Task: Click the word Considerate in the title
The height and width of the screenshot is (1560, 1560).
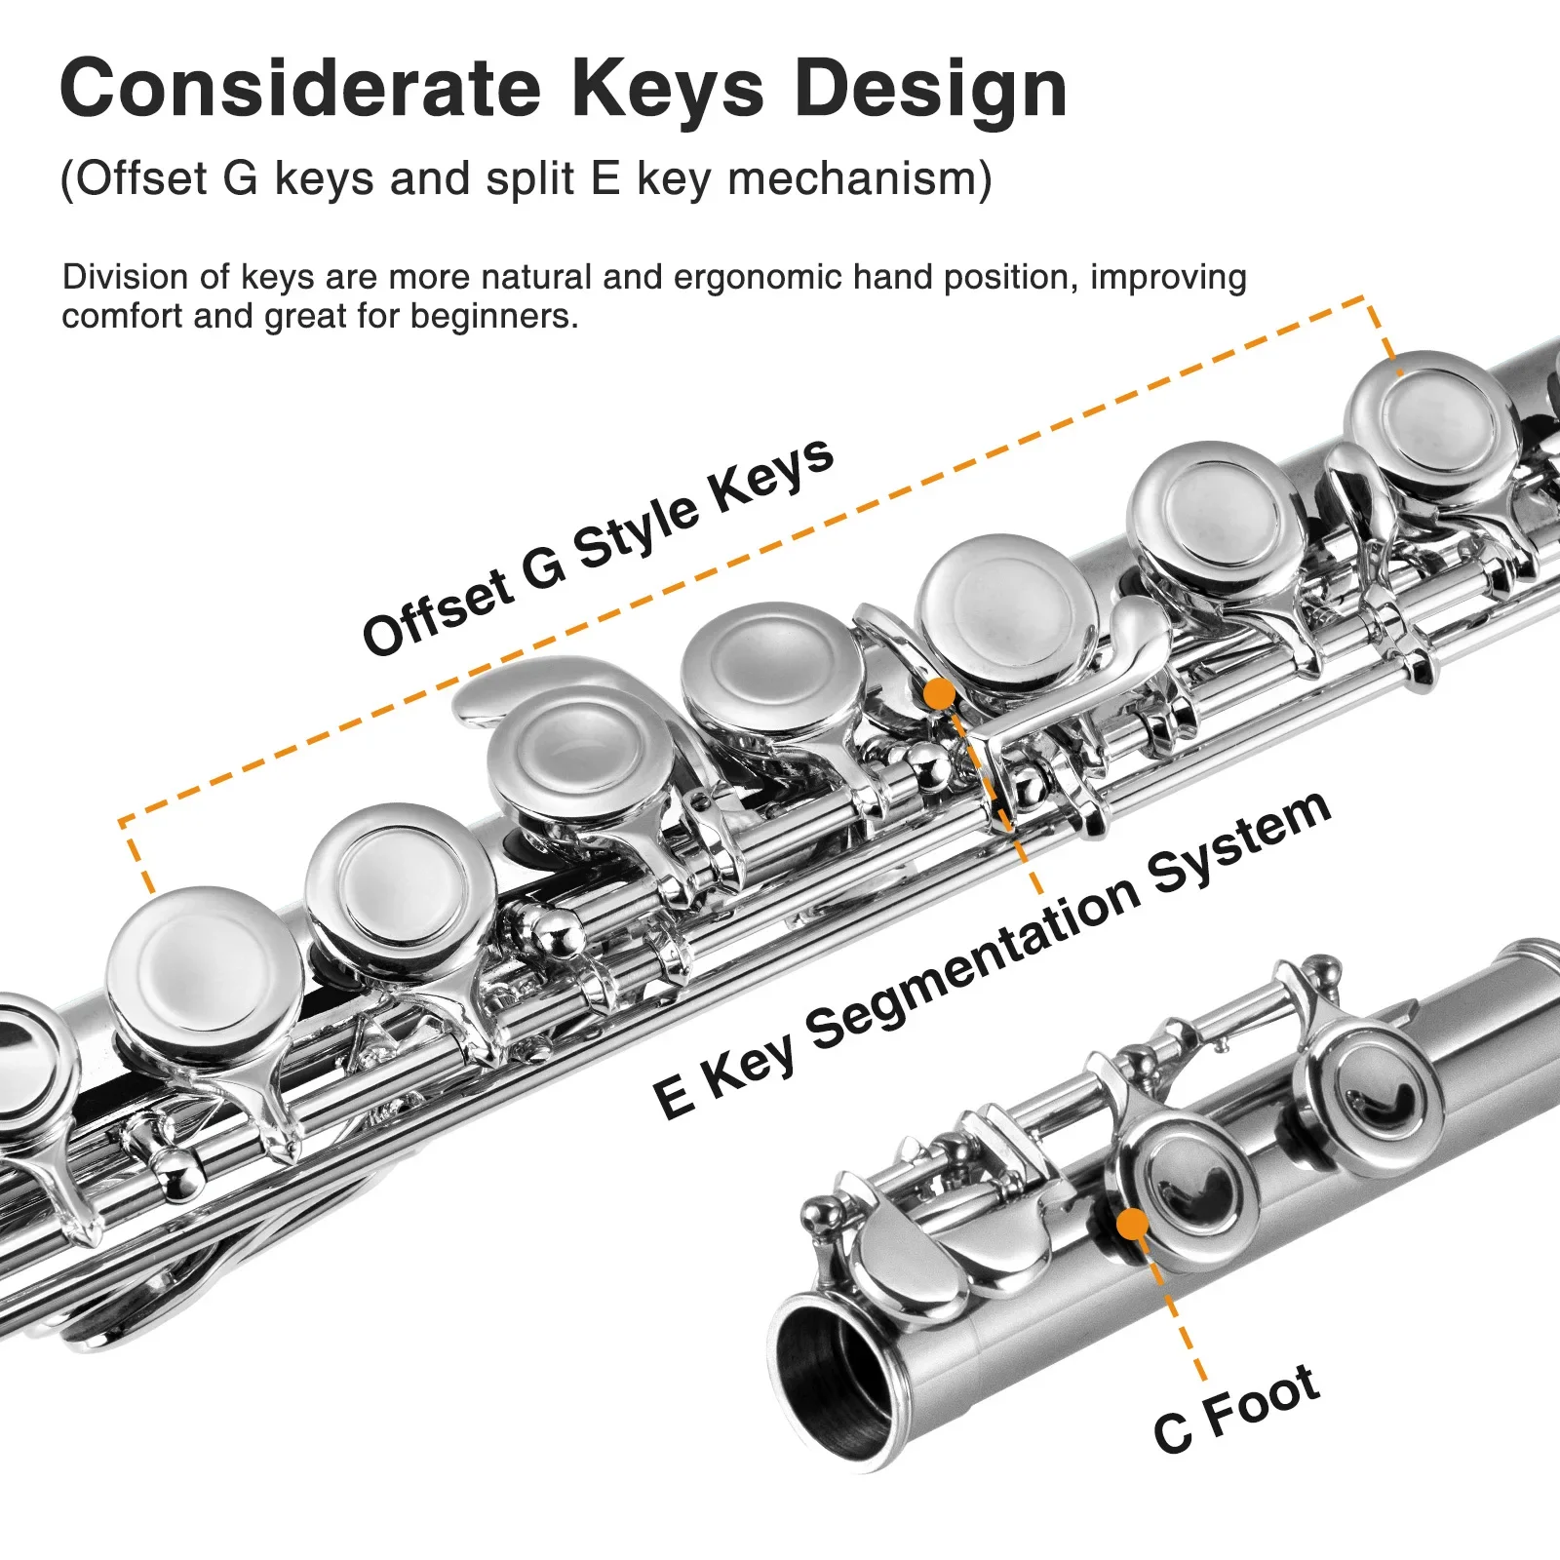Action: pyautogui.click(x=299, y=90)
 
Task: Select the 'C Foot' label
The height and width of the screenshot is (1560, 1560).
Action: pyautogui.click(x=1236, y=1409)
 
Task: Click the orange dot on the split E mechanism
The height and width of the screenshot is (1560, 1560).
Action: pyautogui.click(x=939, y=694)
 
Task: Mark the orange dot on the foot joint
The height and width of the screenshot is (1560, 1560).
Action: pyautogui.click(x=1132, y=1224)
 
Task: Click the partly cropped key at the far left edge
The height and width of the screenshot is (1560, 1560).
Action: pyautogui.click(x=29, y=1063)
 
